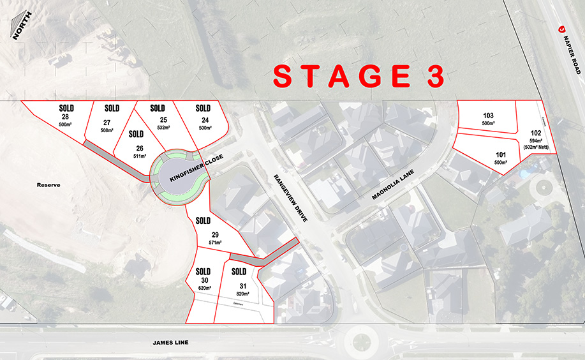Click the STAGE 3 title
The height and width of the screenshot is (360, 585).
(x=358, y=76)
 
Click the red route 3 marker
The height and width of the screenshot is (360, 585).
(x=562, y=29)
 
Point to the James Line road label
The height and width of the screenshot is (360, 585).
(x=170, y=343)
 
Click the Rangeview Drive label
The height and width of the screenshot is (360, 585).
(x=292, y=197)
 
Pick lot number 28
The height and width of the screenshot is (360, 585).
(x=65, y=117)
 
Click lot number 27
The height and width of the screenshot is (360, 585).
(x=107, y=122)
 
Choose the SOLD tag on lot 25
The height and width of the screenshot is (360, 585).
(x=157, y=109)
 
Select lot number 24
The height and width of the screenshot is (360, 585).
(x=204, y=120)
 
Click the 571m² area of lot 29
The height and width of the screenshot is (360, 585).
(x=215, y=243)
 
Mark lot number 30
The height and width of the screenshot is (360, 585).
(x=204, y=280)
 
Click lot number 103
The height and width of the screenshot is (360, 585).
(x=489, y=116)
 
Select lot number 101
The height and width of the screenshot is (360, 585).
(x=501, y=154)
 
